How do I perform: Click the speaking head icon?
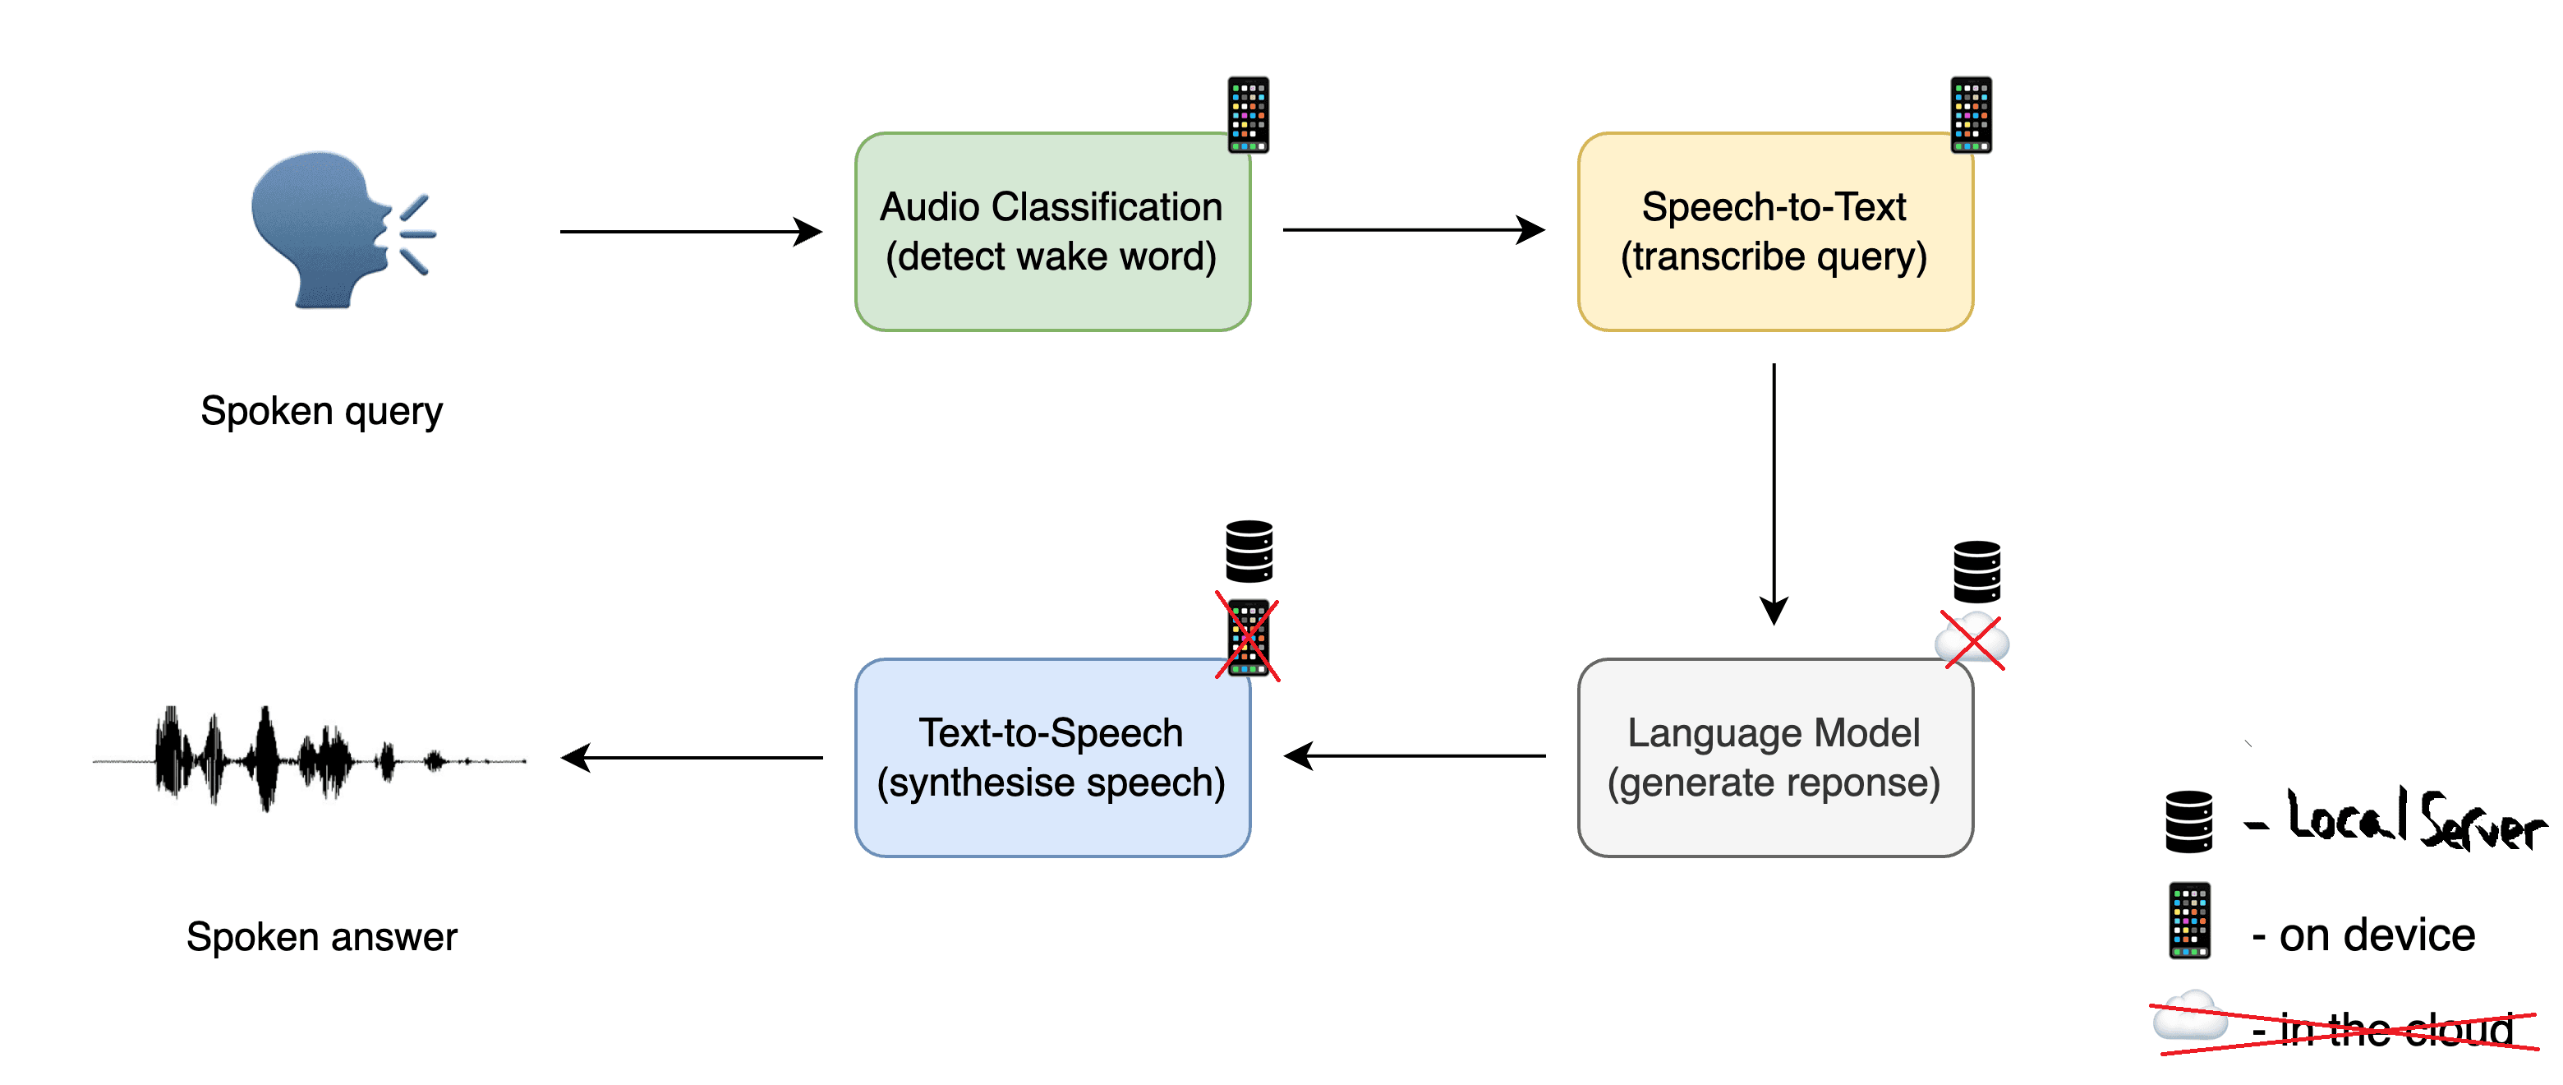pos(334,230)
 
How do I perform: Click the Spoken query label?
pos(321,411)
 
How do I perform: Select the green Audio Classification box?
pos(1051,232)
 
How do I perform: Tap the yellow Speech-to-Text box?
pos(1774,232)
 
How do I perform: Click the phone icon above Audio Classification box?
pos(1248,114)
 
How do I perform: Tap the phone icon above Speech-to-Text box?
pos(1970,114)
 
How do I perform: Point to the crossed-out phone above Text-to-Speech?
pos(1248,638)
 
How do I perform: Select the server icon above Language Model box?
pos(1976,571)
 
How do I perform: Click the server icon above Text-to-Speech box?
pos(1249,551)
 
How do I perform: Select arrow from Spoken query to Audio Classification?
pos(691,232)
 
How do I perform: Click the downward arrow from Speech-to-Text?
pos(1774,492)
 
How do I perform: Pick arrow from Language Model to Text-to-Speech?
pos(1414,756)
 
